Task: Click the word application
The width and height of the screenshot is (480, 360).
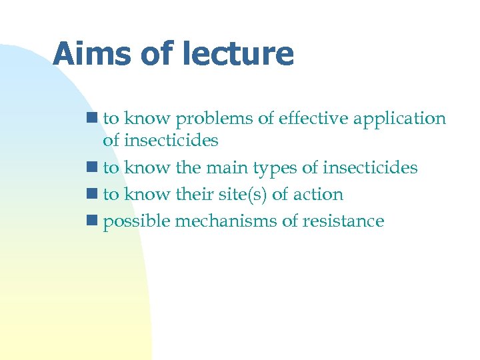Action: pyautogui.click(x=399, y=119)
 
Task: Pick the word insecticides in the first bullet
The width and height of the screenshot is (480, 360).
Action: pyautogui.click(x=170, y=141)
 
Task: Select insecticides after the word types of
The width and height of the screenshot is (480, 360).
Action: pyautogui.click(x=369, y=168)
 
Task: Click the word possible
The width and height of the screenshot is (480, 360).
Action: pyautogui.click(x=137, y=221)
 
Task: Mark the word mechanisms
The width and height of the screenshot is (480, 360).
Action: pyautogui.click(x=226, y=221)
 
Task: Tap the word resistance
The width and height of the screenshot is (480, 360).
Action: pyautogui.click(x=343, y=221)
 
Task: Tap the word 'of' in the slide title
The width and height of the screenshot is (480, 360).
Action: pyautogui.click(x=156, y=54)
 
